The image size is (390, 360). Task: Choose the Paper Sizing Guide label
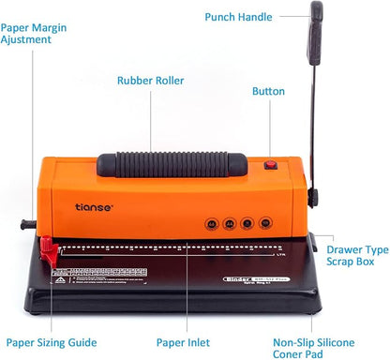(52, 343)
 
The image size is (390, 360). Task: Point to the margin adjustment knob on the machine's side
(25, 225)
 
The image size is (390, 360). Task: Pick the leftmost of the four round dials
(211, 224)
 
